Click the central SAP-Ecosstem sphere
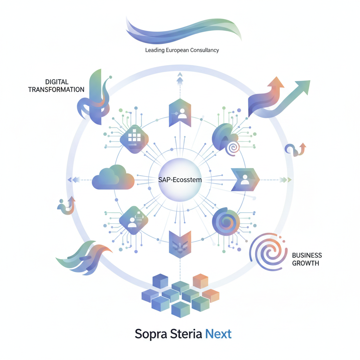pyautogui.click(x=180, y=180)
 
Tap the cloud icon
pyautogui.click(x=113, y=178)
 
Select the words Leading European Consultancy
pyautogui.click(x=182, y=50)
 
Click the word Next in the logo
pyautogui.click(x=218, y=334)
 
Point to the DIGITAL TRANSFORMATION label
pyautogui.click(x=56, y=86)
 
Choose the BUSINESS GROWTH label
pyautogui.click(x=307, y=259)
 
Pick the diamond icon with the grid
pyautogui.click(x=134, y=139)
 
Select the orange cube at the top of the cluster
pyautogui.click(x=200, y=281)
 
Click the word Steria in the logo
pyautogui.click(x=186, y=334)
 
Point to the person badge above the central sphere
pyautogui.click(x=180, y=113)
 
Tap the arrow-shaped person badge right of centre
pyautogui.click(x=245, y=180)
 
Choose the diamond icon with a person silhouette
pyautogui.click(x=134, y=220)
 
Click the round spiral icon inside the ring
pyautogui.click(x=226, y=221)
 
